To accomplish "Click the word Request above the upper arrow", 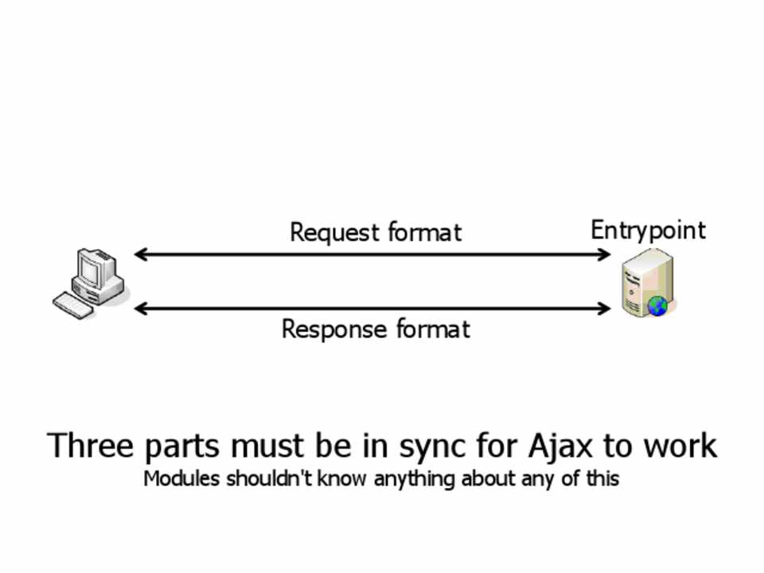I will tap(335, 233).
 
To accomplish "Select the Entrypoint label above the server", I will tap(648, 230).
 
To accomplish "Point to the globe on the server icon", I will tap(657, 305).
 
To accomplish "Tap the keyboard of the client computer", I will tap(73, 305).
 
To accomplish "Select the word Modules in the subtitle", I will tap(181, 479).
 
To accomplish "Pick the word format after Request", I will tap(424, 233).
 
